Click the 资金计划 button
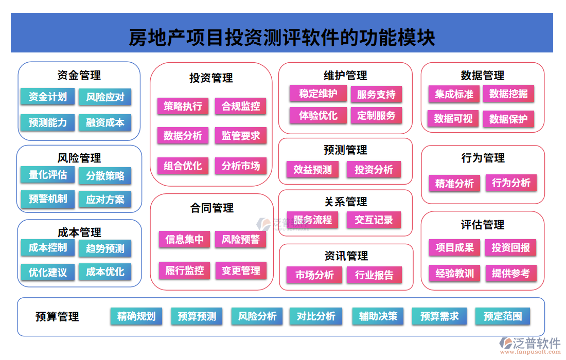coord(47,97)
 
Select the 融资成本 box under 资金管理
coord(105,122)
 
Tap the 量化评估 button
coord(47,175)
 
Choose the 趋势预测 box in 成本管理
coord(105,248)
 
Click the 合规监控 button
coord(240,106)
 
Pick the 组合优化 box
coord(183,166)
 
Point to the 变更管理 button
coord(240,270)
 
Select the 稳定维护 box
coord(318,94)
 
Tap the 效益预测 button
coord(312,169)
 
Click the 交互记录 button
coord(373,220)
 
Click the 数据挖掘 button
coord(508,94)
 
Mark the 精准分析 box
coord(454,183)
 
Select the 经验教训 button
coord(454,273)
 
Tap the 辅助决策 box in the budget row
coord(378,316)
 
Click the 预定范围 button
coord(502,316)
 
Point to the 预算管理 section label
coord(57,317)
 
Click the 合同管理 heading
coord(211,208)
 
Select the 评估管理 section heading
coord(482,225)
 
